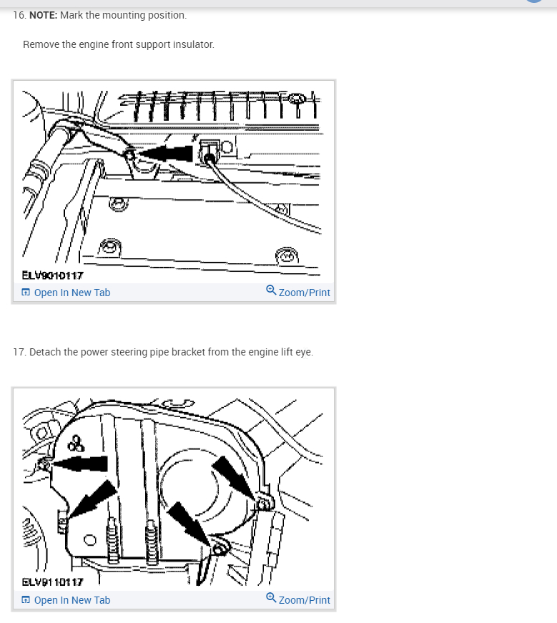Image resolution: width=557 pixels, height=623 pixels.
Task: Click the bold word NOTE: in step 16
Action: point(44,15)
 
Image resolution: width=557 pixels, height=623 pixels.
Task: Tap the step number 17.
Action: point(19,352)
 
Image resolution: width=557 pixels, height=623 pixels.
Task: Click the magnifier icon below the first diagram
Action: point(271,290)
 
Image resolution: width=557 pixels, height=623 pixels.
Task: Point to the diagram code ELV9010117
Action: point(52,275)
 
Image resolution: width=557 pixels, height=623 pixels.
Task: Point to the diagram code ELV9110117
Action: point(52,582)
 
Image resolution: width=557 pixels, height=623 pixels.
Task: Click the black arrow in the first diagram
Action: point(164,153)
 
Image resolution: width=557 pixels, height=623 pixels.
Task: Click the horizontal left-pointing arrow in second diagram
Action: point(79,463)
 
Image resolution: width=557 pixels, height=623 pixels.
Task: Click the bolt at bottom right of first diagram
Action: point(287,256)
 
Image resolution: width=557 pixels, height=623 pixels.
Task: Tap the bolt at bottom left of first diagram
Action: point(109,247)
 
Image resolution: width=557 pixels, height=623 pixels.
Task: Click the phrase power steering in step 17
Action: point(114,352)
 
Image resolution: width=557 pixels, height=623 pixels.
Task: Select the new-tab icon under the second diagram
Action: point(26,600)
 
